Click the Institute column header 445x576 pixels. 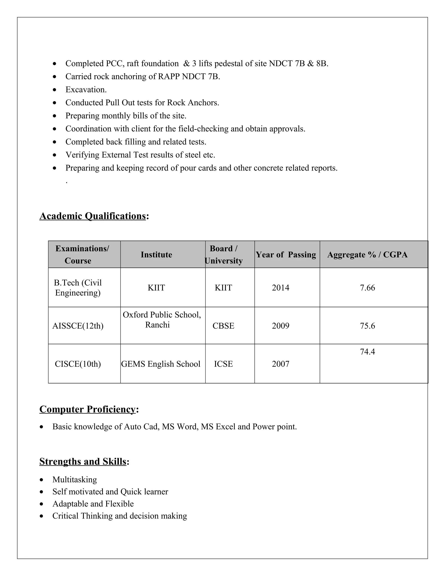156,255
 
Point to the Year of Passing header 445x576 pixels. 286,255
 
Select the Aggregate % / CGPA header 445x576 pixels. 367,255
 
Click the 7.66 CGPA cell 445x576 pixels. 367,288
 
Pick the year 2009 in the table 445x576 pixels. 281,326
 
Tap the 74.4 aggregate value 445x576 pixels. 367,352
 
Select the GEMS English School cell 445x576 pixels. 161,364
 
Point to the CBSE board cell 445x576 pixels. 223,326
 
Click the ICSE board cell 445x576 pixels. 223,364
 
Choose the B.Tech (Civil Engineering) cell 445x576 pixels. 78,288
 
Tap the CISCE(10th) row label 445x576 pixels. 78,364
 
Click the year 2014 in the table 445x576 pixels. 281,288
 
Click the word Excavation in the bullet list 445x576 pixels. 86,90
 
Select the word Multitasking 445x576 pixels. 75,479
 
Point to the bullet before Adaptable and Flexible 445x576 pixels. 41,504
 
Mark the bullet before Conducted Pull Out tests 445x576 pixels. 55,103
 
